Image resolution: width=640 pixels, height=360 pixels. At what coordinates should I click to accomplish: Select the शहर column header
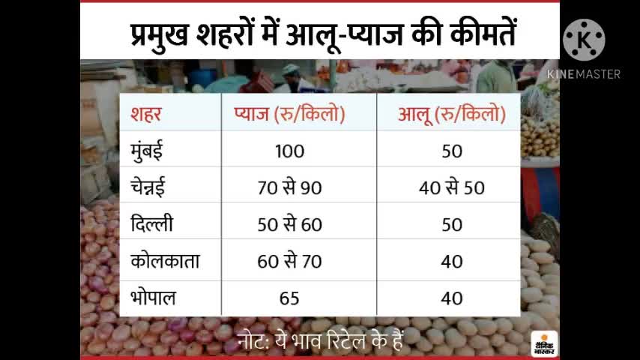(x=146, y=115)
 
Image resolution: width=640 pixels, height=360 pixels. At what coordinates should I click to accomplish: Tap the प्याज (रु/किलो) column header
(x=289, y=115)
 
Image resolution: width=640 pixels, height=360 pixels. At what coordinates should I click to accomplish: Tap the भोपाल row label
(x=152, y=297)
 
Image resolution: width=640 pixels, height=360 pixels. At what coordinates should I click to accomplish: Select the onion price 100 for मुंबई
(x=289, y=151)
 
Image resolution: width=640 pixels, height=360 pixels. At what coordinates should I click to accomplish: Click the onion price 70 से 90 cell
(x=289, y=187)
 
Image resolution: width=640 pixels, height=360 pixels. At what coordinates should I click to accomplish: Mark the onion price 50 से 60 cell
(x=289, y=224)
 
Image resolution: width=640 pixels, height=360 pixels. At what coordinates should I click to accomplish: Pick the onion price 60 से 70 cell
(x=289, y=261)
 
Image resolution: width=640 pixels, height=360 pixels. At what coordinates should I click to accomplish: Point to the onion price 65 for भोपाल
(x=289, y=298)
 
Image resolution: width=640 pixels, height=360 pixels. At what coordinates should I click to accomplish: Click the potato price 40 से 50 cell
(x=452, y=187)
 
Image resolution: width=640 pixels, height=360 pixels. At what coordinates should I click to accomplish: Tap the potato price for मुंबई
(x=452, y=151)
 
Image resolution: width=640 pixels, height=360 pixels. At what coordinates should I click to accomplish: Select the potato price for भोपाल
(x=452, y=298)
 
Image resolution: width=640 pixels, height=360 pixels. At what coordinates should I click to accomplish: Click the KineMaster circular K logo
(x=584, y=40)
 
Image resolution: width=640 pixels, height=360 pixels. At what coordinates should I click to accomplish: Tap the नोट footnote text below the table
(x=321, y=340)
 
